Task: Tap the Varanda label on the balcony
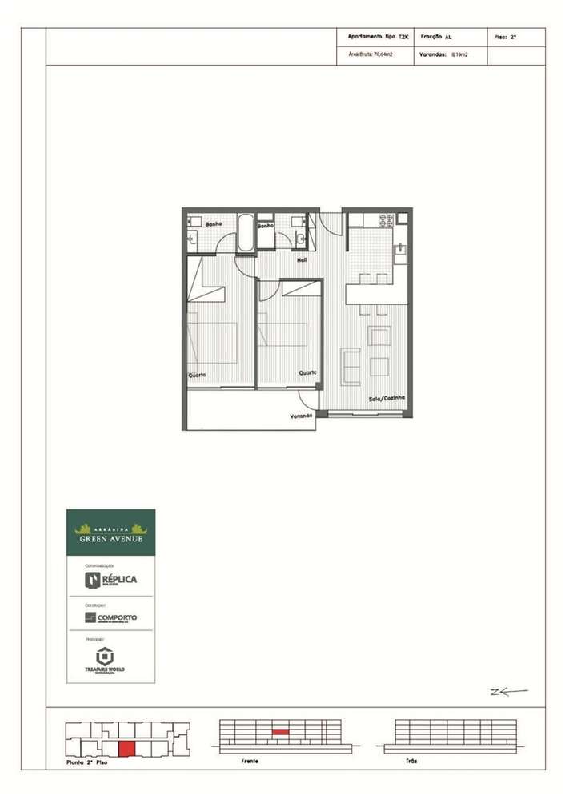(301, 416)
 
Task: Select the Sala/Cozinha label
(386, 398)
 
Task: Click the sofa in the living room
(350, 365)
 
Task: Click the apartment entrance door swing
(331, 223)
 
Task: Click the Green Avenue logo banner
(110, 533)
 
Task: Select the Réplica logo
(110, 579)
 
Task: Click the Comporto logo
(110, 617)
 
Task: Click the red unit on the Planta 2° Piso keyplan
(126, 749)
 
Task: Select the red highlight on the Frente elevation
(279, 732)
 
